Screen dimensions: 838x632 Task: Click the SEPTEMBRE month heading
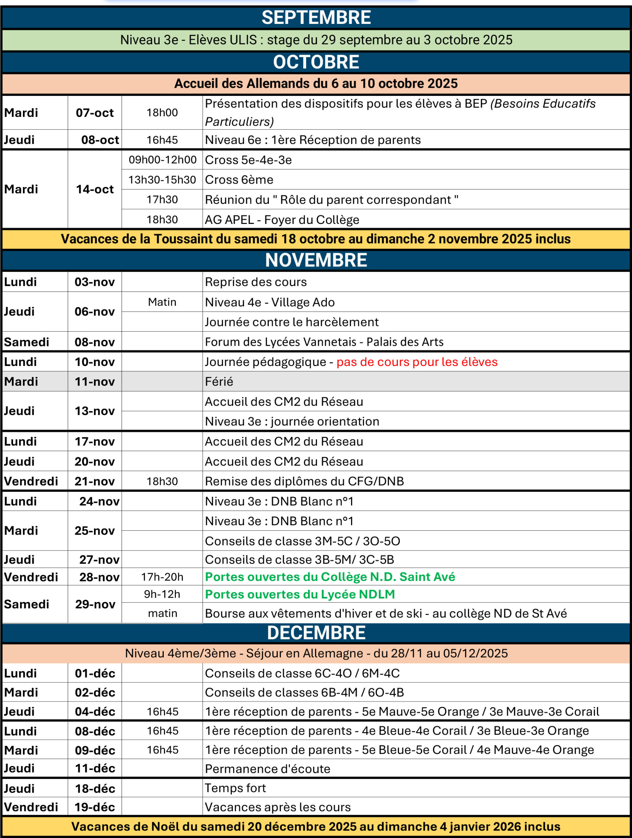pos(316,17)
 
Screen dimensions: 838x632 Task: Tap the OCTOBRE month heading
pos(316,62)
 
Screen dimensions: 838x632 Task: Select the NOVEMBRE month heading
pos(316,260)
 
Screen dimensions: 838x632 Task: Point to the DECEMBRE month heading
pos(316,633)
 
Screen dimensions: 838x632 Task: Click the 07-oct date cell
pos(95,113)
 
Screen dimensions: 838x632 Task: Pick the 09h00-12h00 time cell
pos(162,159)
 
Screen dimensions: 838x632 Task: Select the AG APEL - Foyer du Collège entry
pos(282,219)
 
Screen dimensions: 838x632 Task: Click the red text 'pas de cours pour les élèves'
pos(417,362)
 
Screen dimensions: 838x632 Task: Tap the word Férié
pos(219,381)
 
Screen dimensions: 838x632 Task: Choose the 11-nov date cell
pos(95,381)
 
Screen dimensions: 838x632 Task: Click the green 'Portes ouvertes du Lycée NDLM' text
pos(300,594)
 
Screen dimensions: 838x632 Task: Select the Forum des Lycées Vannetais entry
pos(324,342)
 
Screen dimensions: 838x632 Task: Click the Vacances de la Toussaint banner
pos(316,239)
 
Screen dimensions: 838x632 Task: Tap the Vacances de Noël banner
pos(316,826)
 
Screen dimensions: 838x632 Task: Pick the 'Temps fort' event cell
pos(235,788)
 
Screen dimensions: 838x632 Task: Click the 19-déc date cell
pos(95,807)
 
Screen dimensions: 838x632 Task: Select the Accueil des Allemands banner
pos(316,83)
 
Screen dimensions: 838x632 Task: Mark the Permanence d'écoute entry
pos(268,769)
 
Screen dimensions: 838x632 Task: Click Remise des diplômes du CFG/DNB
pos(304,481)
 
